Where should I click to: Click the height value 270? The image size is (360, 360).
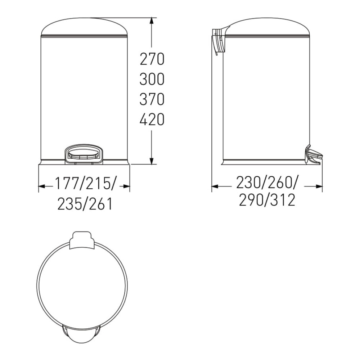tap(152, 59)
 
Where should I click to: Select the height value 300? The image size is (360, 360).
tap(152, 79)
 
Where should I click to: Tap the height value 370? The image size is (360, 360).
tap(152, 99)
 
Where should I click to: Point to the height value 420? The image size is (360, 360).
tap(152, 119)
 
